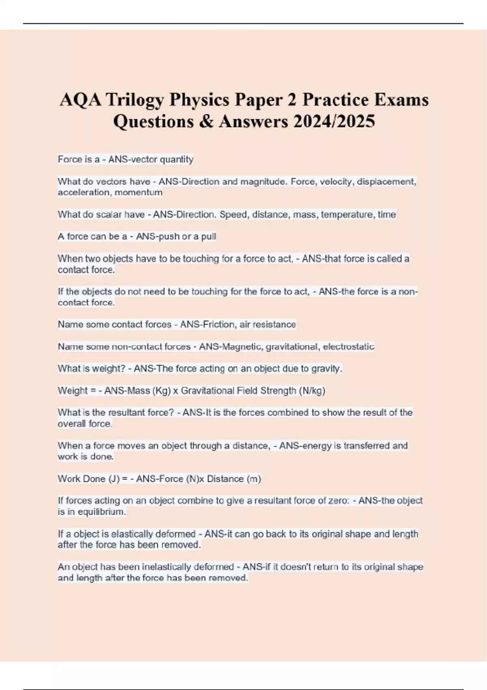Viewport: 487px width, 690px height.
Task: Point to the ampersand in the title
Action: pos(206,121)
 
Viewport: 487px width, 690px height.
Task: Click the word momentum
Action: pos(138,192)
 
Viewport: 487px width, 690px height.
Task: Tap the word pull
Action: pos(209,236)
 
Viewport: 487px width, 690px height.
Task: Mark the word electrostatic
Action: pos(349,347)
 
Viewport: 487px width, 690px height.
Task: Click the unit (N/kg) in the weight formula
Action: pos(312,390)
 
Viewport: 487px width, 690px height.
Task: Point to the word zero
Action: pos(338,501)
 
